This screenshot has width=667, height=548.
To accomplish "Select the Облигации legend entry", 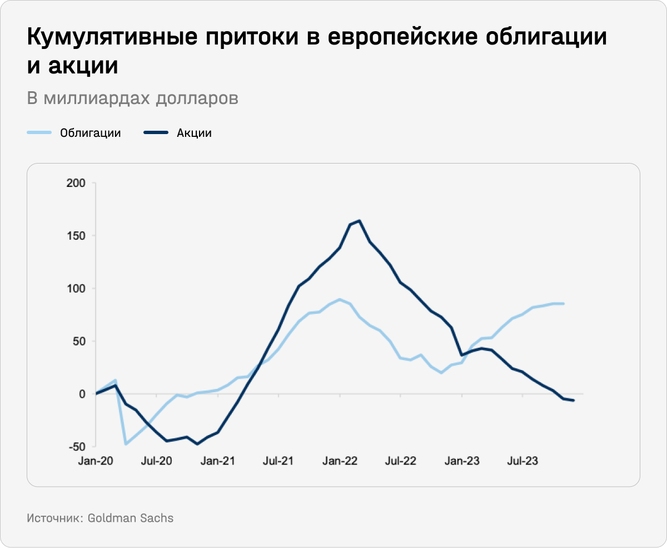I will pos(90,133).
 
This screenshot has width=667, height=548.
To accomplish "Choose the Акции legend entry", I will pos(194,133).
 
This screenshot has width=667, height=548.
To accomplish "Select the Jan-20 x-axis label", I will pos(96,461).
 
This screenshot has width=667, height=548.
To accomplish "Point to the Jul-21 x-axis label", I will pos(278,461).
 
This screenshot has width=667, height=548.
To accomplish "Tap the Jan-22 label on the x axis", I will pos(340,461).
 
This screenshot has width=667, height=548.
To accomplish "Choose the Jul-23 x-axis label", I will pos(522,461).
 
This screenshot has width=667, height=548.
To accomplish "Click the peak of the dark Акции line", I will pos(360,221).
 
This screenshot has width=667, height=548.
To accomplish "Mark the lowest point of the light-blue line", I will pos(126,443).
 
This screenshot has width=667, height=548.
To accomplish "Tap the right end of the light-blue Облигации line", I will pos(564,303).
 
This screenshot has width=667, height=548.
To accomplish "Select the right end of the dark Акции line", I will pos(574,401).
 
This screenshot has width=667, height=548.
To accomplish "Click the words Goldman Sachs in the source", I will pos(131,518).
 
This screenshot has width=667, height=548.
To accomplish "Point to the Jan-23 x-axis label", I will pos(462,461).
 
